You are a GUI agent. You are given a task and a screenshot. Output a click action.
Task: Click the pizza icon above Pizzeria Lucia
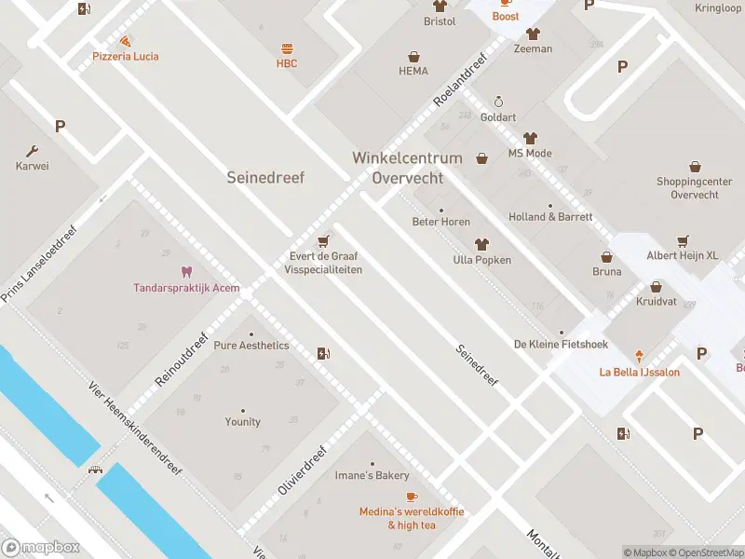[125, 41]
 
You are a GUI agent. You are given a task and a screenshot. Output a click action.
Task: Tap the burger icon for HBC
[286, 48]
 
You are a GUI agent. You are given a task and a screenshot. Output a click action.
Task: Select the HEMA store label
[413, 71]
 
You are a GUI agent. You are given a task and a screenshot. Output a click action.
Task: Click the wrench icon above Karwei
[33, 151]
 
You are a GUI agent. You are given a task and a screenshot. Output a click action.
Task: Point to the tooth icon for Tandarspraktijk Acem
[185, 272]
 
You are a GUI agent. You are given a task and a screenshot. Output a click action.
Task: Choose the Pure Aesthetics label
[251, 345]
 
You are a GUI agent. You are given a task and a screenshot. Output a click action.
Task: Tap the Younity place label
[242, 421]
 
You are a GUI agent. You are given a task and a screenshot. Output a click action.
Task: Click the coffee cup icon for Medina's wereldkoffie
[412, 496]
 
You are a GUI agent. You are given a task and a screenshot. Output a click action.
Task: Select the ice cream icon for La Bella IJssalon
[639, 356]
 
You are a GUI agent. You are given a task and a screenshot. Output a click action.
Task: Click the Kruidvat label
[657, 303]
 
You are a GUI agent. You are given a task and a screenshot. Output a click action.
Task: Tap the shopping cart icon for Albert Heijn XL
[683, 239]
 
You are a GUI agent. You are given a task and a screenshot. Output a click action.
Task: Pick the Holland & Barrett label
[550, 217]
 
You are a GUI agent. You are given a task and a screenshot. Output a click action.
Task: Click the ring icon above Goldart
[498, 102]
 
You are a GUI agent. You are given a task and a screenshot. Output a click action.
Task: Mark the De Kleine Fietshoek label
[561, 344]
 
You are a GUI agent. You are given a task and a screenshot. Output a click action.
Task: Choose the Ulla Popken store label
[481, 260]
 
